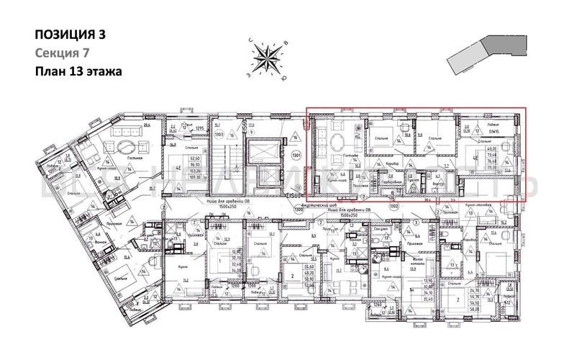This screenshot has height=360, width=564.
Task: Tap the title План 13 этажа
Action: [78, 71]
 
